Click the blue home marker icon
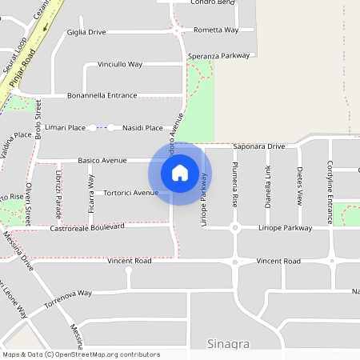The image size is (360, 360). click(x=180, y=173)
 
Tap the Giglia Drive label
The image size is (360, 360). click(x=86, y=32)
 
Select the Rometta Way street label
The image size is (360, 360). click(x=216, y=30)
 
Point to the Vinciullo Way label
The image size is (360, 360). click(x=119, y=63)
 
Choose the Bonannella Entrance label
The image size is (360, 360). click(x=102, y=95)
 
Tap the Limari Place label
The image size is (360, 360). click(x=66, y=127)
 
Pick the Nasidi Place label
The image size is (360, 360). click(x=143, y=127)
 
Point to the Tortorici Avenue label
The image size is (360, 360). click(x=131, y=193)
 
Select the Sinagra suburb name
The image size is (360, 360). click(x=229, y=345)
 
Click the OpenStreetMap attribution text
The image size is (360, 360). click(x=80, y=354)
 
